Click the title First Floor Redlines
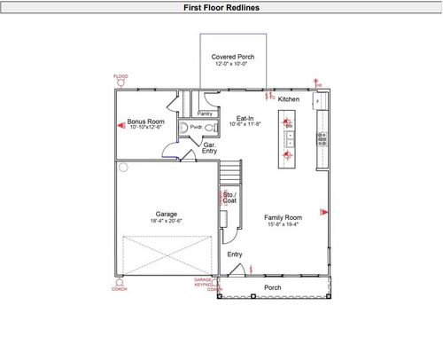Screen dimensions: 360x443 pos(221,7)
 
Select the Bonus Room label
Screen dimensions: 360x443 pos(146,121)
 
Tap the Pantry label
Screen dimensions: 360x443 pos(205,113)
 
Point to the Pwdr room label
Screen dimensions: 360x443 pos(196,127)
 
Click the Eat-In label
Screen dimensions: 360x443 pos(245,117)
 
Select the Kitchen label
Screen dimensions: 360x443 pos(289,99)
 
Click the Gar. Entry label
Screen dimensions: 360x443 pos(210,147)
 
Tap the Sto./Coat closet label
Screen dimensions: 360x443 pos(229,198)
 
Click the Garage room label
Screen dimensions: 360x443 pos(167,215)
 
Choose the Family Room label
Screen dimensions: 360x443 pos(284,217)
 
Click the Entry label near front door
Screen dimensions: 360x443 pos(235,254)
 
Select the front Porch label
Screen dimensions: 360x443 pos(273,287)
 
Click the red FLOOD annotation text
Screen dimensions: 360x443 pos(120,77)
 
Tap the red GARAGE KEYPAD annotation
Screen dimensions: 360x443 pos(204,282)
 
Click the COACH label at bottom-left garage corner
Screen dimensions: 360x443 pos(119,289)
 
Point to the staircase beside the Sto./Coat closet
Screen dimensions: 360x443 pos(230,172)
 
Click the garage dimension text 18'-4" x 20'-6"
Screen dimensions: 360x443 pos(167,222)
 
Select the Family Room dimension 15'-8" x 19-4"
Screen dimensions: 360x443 pos(284,224)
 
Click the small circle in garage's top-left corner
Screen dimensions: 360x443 pos(124,166)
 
